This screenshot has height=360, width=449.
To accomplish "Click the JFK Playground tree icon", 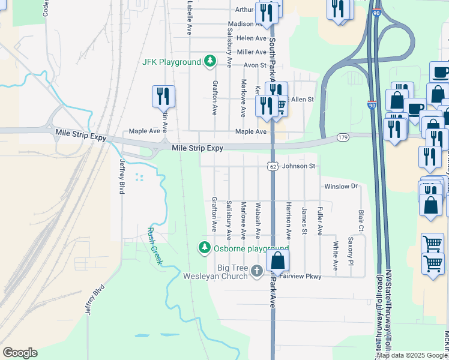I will coord(209,61).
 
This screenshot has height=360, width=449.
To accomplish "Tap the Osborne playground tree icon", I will coord(205,247).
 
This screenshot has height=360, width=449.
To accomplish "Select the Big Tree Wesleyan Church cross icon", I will coord(256,271).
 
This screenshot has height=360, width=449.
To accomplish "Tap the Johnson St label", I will coord(298,166).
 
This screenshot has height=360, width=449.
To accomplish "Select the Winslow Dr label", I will coord(341,187).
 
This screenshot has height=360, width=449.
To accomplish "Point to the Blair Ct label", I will coord(361,220).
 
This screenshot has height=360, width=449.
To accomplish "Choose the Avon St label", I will coord(255,65).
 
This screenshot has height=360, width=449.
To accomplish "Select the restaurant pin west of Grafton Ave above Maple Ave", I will coord(163,95).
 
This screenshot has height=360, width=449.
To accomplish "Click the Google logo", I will coord(20,353).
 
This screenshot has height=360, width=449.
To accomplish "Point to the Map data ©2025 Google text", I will coord(412,355).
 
